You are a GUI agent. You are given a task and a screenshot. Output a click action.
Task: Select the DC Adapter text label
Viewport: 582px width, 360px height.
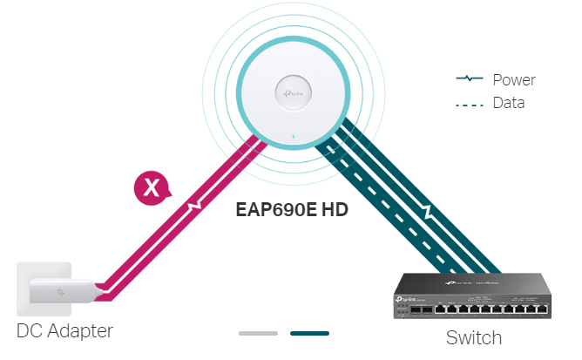64,331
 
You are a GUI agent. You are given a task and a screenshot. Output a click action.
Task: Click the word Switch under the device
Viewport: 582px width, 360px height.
474,337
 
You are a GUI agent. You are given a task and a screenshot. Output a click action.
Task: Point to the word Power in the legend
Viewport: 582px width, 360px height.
513,80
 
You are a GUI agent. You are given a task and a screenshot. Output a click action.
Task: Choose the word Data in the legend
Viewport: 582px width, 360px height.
508,103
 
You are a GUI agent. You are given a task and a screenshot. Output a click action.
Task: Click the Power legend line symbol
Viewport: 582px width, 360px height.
470,80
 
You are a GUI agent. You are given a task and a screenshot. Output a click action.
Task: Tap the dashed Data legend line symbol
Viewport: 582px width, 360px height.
470,103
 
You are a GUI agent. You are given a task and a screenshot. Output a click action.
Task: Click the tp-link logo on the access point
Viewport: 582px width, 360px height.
292,90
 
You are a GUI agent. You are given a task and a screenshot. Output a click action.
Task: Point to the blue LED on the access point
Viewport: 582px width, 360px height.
292,137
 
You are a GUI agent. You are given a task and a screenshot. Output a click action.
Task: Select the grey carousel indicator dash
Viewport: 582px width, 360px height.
258,333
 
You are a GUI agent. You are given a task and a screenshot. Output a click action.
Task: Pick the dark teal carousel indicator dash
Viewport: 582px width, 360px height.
309,333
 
